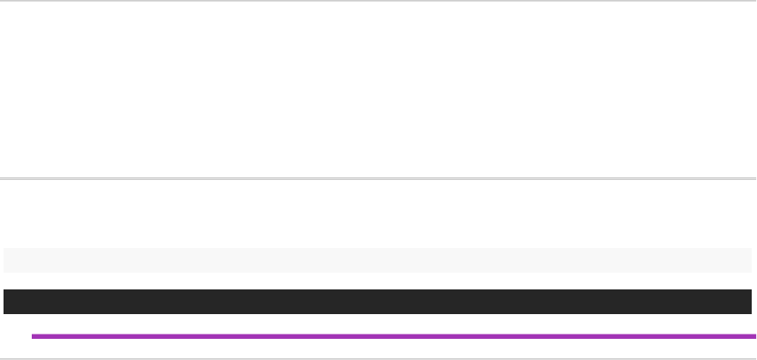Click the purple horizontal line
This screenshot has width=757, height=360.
pyautogui.click(x=393, y=336)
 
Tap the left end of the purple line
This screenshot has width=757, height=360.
pyautogui.click(x=33, y=336)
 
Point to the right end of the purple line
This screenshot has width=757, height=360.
pyautogui.click(x=754, y=336)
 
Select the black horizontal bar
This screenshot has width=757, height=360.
pyautogui.click(x=378, y=302)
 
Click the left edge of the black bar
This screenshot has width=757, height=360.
pyautogui.click(x=4, y=302)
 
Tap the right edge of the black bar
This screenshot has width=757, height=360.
pyautogui.click(x=751, y=302)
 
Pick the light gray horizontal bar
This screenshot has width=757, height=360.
pyautogui.click(x=378, y=260)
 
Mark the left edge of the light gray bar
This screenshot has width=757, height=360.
pyautogui.click(x=4, y=260)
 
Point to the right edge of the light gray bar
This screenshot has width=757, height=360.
pyautogui.click(x=751, y=260)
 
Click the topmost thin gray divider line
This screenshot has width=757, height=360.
pyautogui.click(x=378, y=1)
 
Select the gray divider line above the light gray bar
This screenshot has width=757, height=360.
pyautogui.click(x=378, y=179)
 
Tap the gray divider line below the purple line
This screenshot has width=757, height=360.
pyautogui.click(x=378, y=358)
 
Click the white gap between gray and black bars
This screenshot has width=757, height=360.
pyautogui.click(x=378, y=281)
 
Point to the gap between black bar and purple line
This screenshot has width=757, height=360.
pyautogui.click(x=378, y=324)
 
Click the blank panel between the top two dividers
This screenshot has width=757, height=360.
pyautogui.click(x=378, y=88)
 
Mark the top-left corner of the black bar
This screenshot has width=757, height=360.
pyautogui.click(x=4, y=290)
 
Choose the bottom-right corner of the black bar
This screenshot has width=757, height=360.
pyautogui.click(x=751, y=313)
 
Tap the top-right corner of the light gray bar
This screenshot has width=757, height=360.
pyautogui.click(x=751, y=250)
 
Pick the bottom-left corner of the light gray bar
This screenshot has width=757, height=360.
pyautogui.click(x=4, y=271)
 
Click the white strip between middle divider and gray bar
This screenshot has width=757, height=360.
pyautogui.click(x=378, y=214)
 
